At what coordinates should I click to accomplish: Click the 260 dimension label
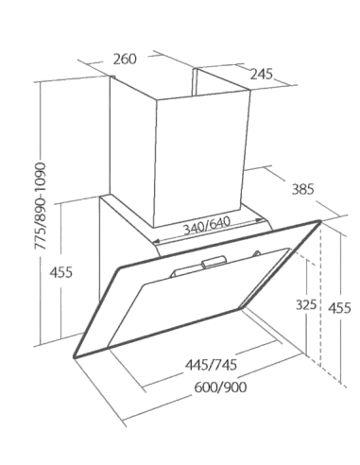pyautogui.click(x=125, y=60)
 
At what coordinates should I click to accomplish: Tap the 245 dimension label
pyautogui.click(x=262, y=75)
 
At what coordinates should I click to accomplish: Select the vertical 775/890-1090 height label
pyautogui.click(x=40, y=206)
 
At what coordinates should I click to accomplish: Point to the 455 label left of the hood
pyautogui.click(x=61, y=272)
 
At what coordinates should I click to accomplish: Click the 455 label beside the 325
pyautogui.click(x=339, y=308)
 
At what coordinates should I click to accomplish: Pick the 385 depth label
pyautogui.click(x=303, y=190)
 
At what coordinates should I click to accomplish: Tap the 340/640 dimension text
pyautogui.click(x=207, y=226)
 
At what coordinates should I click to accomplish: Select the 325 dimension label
pyautogui.click(x=306, y=304)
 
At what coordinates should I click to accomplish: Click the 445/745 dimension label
pyautogui.click(x=211, y=365)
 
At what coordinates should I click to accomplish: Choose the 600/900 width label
pyautogui.click(x=220, y=387)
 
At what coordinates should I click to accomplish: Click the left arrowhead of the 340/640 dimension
pyautogui.click(x=157, y=242)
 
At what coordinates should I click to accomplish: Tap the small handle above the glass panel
pyautogui.click(x=214, y=262)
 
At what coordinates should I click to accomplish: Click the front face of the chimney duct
pyautogui.click(x=201, y=158)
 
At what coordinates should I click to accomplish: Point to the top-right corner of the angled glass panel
pyautogui.click(x=319, y=222)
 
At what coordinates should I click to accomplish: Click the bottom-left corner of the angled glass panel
pyautogui.click(x=75, y=357)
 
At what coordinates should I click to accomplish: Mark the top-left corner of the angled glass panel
pyautogui.click(x=120, y=268)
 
